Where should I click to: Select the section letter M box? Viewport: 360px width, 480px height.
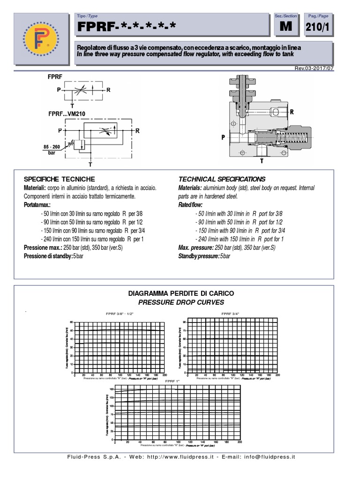(286, 28)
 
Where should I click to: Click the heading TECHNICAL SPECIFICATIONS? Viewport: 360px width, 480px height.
(222, 179)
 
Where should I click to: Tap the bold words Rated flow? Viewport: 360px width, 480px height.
(190, 205)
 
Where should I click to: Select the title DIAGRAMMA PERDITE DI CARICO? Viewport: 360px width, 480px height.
(181, 293)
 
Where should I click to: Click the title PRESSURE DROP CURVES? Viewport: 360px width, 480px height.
(181, 302)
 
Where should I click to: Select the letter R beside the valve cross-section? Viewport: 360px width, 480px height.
(292, 112)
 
